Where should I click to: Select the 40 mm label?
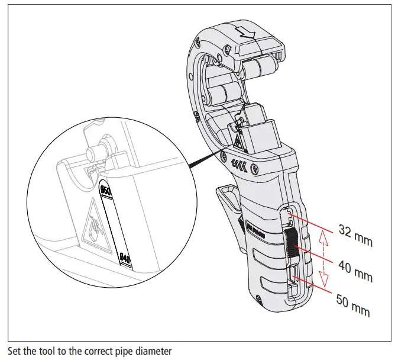(355, 270)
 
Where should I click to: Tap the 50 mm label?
(353, 304)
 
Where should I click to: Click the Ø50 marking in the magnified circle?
(106, 191)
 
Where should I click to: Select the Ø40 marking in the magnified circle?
(125, 258)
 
